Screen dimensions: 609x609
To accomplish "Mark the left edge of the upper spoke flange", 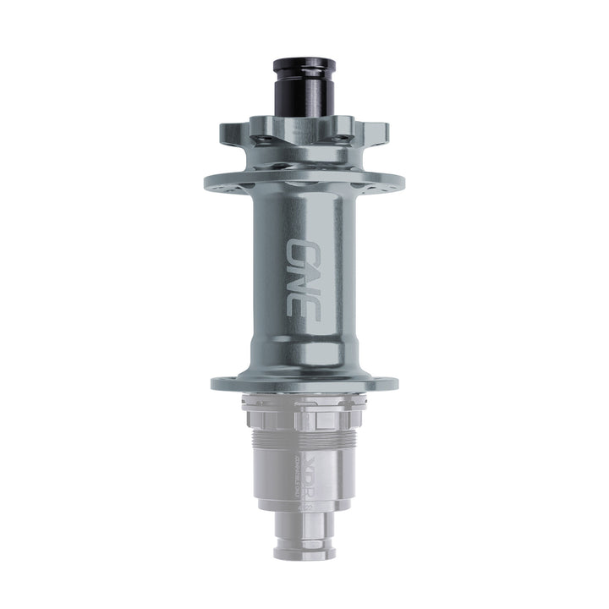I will [x=206, y=182].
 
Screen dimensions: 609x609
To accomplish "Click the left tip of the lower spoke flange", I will [x=214, y=382].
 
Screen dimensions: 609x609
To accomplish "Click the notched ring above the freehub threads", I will [x=304, y=414].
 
